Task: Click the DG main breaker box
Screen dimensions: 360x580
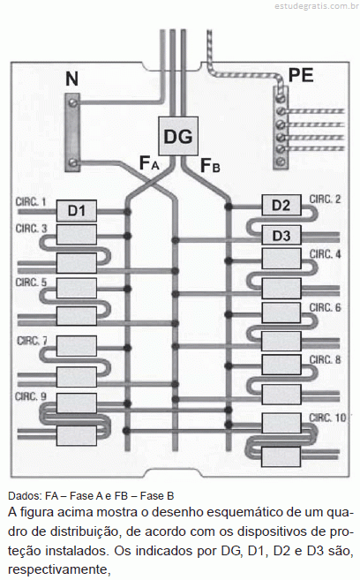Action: (x=178, y=136)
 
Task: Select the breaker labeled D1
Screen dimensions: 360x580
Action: (x=77, y=211)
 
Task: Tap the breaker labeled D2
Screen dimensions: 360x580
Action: (x=281, y=206)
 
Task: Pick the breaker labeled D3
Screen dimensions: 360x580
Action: (x=281, y=235)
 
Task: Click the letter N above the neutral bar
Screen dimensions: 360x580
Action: (x=72, y=79)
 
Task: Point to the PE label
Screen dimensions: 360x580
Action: (x=301, y=75)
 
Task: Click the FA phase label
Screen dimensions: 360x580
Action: (x=149, y=163)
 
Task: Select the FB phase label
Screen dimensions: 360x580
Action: (x=210, y=165)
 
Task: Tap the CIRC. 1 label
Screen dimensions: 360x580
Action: (x=31, y=202)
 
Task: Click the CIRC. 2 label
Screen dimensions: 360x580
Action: (x=325, y=200)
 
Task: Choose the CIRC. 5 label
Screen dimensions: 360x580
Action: (x=31, y=282)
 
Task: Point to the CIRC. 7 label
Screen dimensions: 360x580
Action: (x=32, y=341)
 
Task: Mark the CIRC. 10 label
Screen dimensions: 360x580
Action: (x=327, y=418)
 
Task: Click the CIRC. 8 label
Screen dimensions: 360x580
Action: (x=325, y=360)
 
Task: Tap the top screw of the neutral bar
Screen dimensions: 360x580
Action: (x=73, y=102)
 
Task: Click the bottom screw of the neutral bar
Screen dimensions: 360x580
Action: (x=73, y=162)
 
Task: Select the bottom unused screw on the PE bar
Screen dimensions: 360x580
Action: (x=281, y=161)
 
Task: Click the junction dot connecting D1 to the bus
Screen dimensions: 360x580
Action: (x=128, y=212)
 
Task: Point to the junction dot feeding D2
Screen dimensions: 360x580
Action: (x=229, y=207)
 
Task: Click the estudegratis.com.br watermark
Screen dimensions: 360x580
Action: (x=317, y=6)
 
